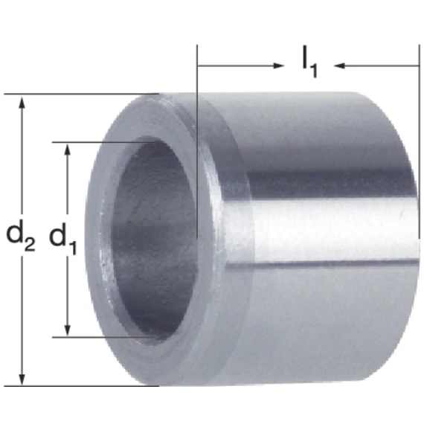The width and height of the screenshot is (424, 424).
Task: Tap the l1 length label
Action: point(309,62)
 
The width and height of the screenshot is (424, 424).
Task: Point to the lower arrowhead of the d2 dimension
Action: point(22,378)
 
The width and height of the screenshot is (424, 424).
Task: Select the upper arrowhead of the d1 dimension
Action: point(68,150)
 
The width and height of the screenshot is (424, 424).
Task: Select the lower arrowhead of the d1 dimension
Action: point(68,330)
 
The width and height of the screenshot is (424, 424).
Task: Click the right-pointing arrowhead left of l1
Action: point(277,65)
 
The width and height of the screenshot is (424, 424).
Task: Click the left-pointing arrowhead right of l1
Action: point(340,65)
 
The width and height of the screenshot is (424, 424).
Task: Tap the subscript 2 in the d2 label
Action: point(30,245)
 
